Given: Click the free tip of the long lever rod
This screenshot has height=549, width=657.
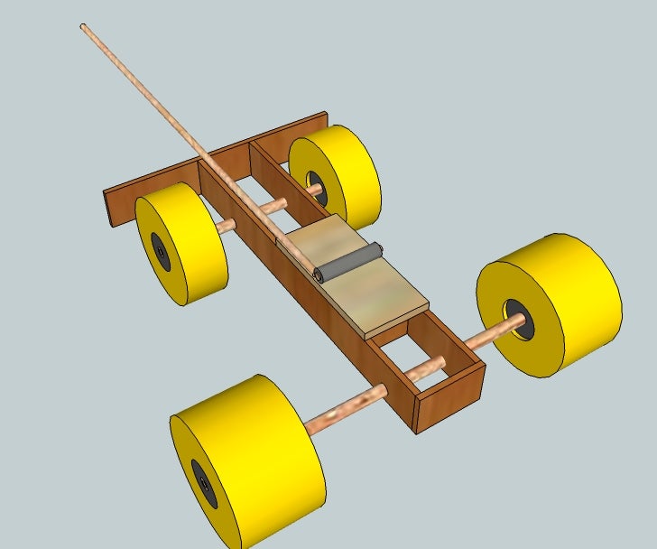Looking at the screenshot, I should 84,28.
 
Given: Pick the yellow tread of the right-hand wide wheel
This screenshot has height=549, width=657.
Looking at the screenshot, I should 578,298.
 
